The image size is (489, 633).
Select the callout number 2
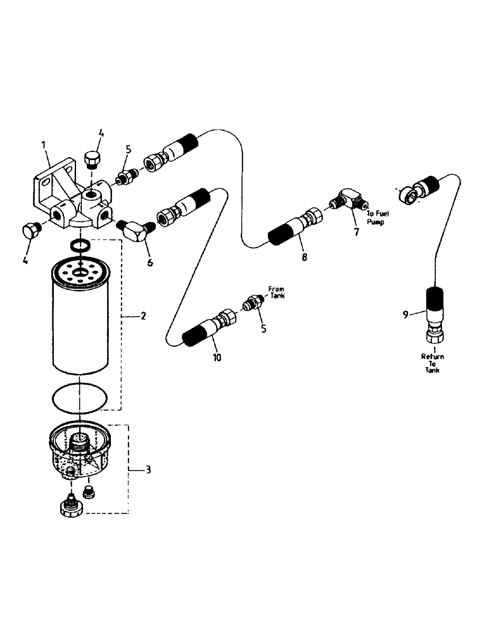[x=143, y=315]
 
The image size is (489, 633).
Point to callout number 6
[x=149, y=261]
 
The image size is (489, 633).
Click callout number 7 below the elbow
[x=356, y=232]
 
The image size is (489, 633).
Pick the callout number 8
[x=305, y=257]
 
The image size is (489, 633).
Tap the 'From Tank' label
[x=276, y=292]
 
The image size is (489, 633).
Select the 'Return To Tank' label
[x=433, y=364]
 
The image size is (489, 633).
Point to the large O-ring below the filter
[x=79, y=398]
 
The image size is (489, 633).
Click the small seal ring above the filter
[x=79, y=245]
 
